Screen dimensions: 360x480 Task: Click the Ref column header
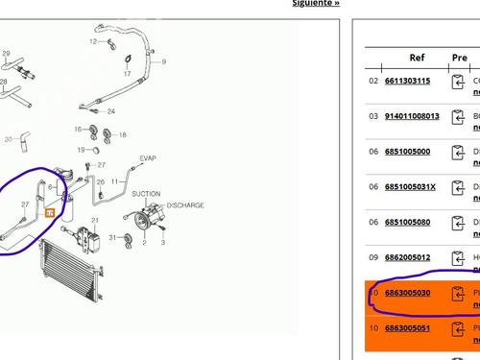pyautogui.click(x=417, y=58)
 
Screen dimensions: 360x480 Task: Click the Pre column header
pyautogui.click(x=459, y=58)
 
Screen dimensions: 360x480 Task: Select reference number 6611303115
pyautogui.click(x=407, y=82)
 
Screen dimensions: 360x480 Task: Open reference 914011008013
pyautogui.click(x=412, y=116)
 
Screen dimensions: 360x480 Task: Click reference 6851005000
pyautogui.click(x=407, y=152)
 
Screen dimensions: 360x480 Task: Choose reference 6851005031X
pyautogui.click(x=410, y=187)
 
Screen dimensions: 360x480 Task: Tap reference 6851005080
pyautogui.click(x=407, y=223)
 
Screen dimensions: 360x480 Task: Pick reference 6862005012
pyautogui.click(x=407, y=258)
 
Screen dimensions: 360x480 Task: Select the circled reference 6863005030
pyautogui.click(x=407, y=293)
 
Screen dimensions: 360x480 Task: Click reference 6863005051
pyautogui.click(x=407, y=328)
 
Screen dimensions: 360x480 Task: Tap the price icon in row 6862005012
pyautogui.click(x=459, y=258)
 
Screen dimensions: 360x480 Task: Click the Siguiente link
pyautogui.click(x=316, y=3)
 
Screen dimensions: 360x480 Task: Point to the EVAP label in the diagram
pyautogui.click(x=147, y=158)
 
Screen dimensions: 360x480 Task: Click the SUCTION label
pyautogui.click(x=146, y=194)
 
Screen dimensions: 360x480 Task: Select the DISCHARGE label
pyautogui.click(x=185, y=205)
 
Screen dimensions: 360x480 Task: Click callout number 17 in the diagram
pyautogui.click(x=127, y=74)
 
